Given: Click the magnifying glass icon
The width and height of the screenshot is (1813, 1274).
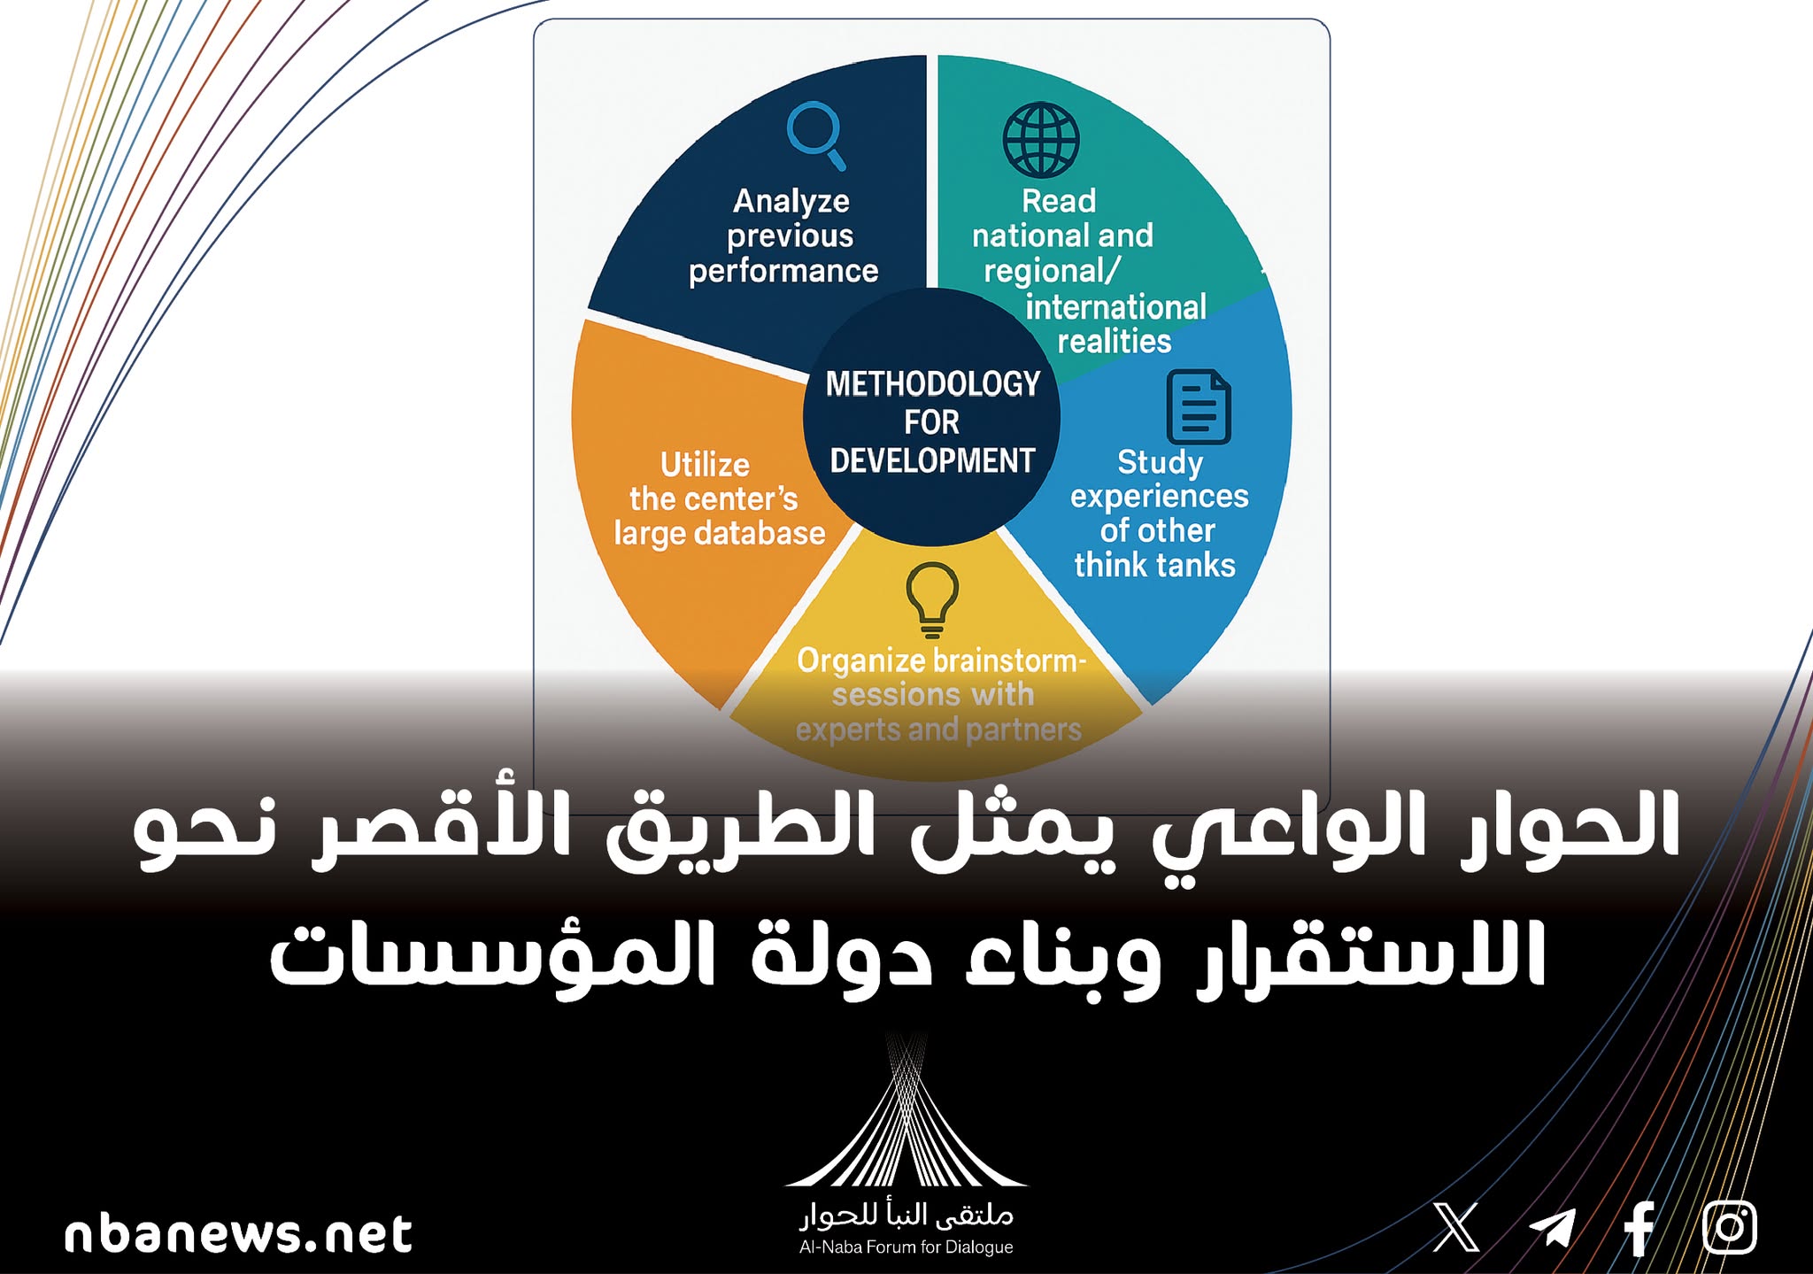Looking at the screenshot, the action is (x=816, y=135).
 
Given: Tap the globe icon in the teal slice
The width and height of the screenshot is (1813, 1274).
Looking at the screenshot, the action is (x=1041, y=140).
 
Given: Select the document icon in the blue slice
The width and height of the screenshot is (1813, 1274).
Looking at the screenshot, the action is (x=1199, y=407).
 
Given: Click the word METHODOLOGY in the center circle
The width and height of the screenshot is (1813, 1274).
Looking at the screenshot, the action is (x=933, y=383).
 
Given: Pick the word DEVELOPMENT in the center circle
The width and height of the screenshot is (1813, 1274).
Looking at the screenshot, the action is (x=932, y=460).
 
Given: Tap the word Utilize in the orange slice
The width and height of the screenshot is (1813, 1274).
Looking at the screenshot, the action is (x=705, y=465).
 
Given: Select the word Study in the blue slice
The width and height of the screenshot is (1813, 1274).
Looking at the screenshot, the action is (x=1160, y=463).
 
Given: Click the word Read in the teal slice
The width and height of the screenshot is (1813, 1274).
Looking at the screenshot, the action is (x=1059, y=201).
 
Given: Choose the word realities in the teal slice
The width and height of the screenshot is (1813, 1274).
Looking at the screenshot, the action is (x=1115, y=341).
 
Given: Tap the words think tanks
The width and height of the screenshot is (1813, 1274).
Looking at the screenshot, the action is (x=1154, y=565).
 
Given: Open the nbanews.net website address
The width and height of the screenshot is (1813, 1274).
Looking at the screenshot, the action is (x=238, y=1234).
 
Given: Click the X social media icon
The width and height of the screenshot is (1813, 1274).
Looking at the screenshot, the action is (x=1456, y=1227).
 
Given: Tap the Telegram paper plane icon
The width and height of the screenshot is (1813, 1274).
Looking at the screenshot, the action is (x=1553, y=1228).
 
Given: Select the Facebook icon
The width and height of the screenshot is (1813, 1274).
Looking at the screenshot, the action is (x=1639, y=1228).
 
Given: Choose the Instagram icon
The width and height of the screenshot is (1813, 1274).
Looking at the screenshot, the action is (x=1730, y=1228).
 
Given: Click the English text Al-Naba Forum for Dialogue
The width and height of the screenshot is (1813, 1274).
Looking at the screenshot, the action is (x=906, y=1247).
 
